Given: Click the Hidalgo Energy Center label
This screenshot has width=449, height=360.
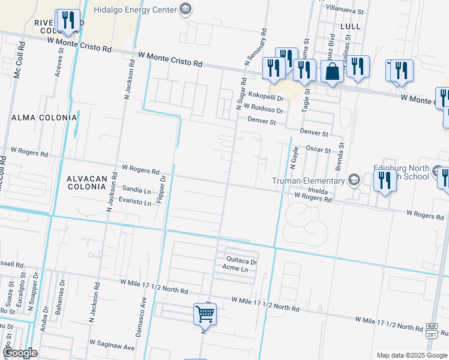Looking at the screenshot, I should coord(136,10).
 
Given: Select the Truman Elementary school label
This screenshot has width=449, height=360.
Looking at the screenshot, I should coord(308,181).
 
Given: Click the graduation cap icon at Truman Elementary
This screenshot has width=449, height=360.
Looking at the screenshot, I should coord(355,180).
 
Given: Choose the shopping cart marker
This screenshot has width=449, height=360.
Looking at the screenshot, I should coord(205,313).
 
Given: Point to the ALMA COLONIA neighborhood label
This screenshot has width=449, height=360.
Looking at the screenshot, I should coord(44,118).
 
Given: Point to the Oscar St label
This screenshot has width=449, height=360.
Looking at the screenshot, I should coord(319,149).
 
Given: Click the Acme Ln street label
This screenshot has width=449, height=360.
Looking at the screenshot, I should coord(235,269).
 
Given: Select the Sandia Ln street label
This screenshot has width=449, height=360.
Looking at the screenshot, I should coord(136,191).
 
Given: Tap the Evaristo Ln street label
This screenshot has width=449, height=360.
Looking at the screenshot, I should coord(135,202).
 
